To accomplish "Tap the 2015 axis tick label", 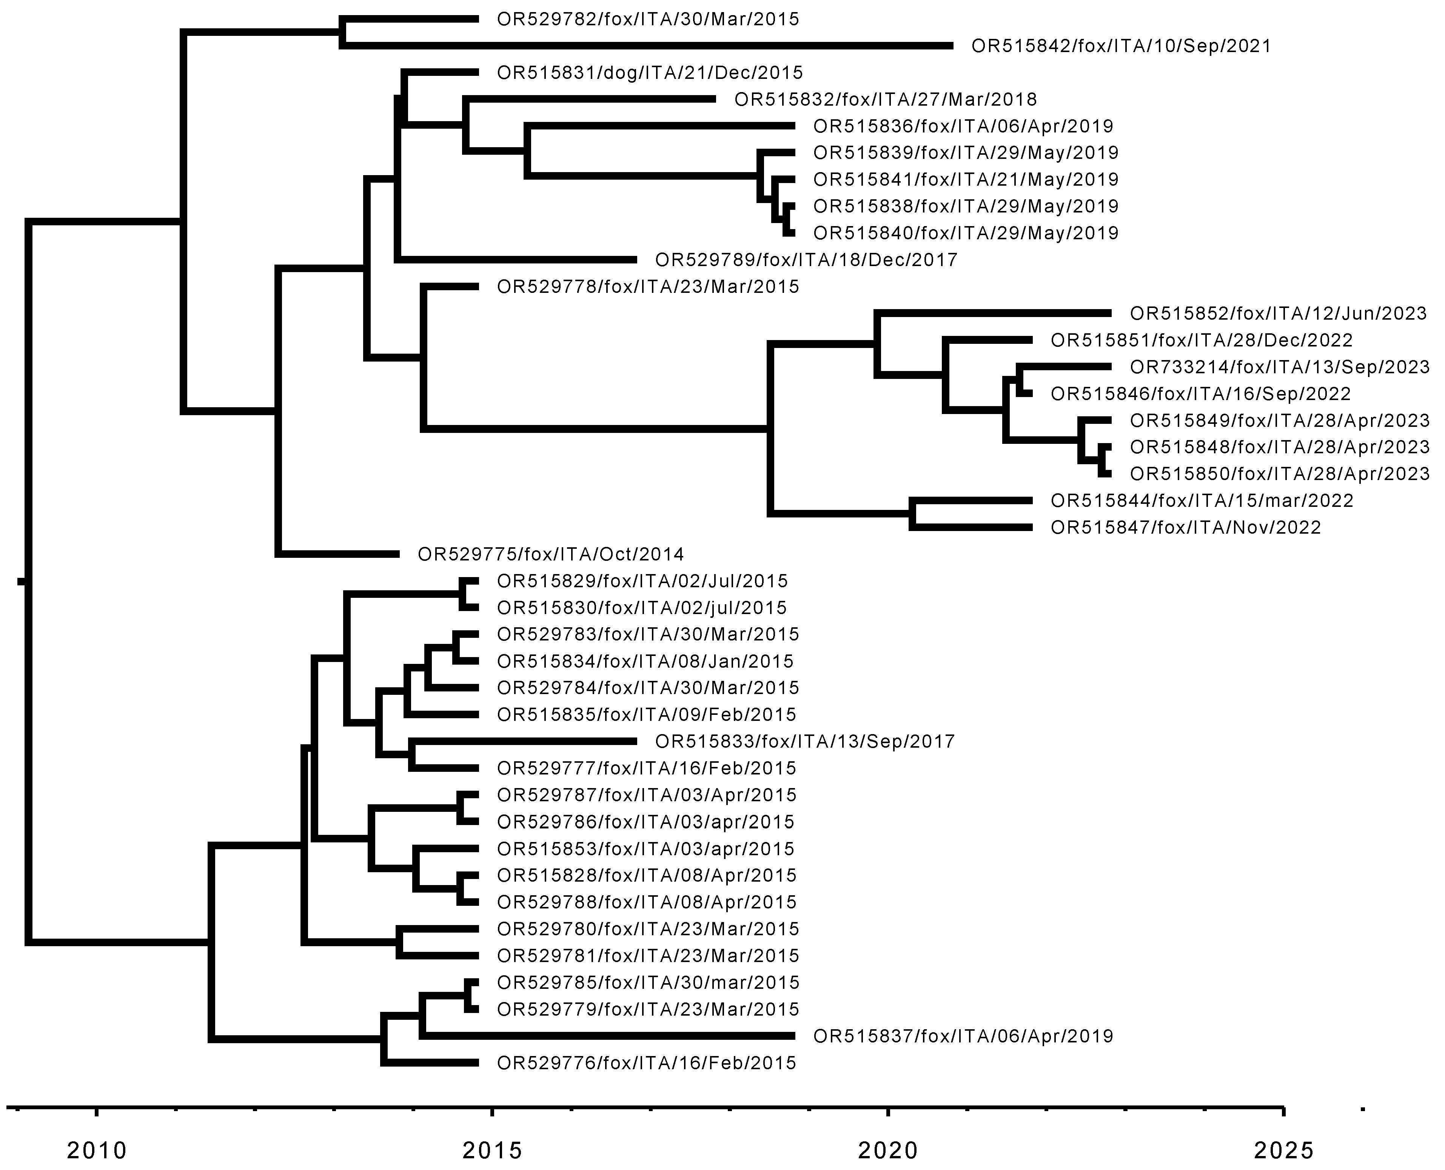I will tap(493, 1150).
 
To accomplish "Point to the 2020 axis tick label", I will tap(888, 1150).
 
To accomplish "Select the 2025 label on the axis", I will tap(1284, 1150).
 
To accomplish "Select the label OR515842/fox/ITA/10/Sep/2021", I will tap(1121, 46).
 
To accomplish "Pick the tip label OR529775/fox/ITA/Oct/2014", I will tap(551, 555).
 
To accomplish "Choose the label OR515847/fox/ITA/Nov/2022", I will tap(1186, 528).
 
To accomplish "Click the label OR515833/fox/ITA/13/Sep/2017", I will tap(805, 742).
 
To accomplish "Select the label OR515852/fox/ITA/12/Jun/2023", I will tap(1279, 313).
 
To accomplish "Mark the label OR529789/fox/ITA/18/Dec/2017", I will tap(806, 260).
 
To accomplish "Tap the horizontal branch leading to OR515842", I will tap(647, 46).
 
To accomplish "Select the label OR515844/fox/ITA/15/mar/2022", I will tap(1202, 501).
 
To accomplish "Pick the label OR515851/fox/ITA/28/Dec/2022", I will tap(1202, 340).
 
